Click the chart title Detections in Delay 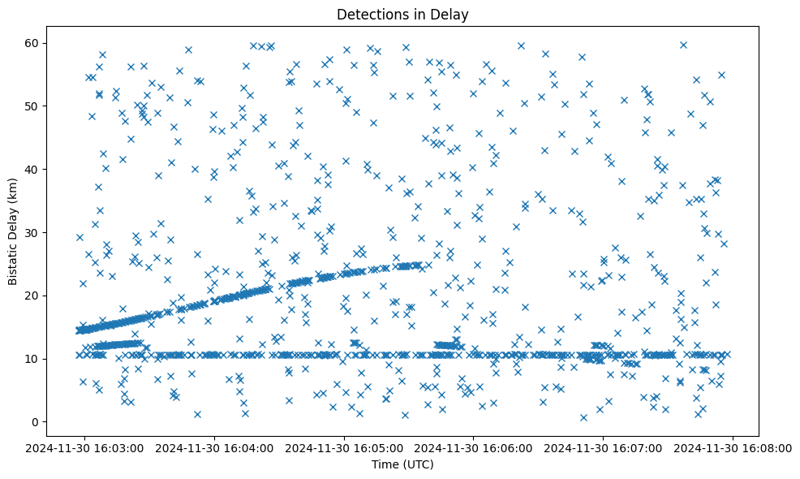pyautogui.click(x=402, y=14)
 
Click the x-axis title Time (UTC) pyautogui.click(x=402, y=464)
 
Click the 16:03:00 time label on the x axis pyautogui.click(x=85, y=447)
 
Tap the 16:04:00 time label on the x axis pyautogui.click(x=215, y=447)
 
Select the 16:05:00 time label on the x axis pyautogui.click(x=345, y=447)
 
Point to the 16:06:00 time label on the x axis pyautogui.click(x=474, y=447)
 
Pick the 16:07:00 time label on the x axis pyautogui.click(x=604, y=447)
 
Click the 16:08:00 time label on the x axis pyautogui.click(x=733, y=447)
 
